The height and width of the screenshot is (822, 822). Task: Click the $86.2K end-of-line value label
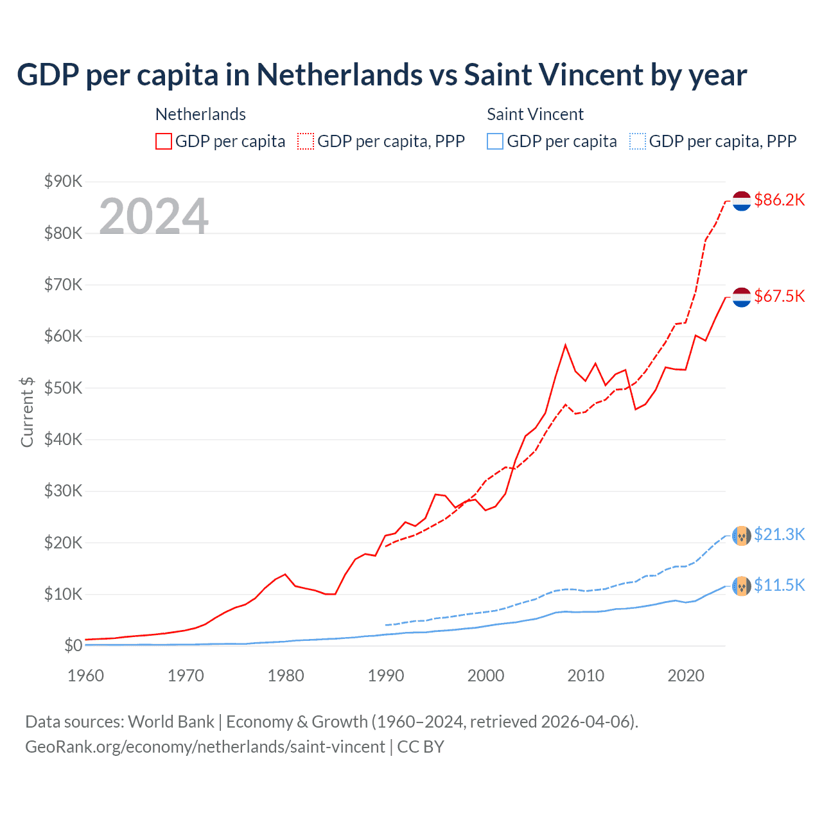(779, 200)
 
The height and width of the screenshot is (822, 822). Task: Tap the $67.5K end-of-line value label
(779, 296)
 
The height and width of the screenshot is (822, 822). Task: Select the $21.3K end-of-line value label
(779, 534)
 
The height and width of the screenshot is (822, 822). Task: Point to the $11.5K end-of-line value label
(779, 585)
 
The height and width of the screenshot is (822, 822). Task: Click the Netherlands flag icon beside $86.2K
(742, 200)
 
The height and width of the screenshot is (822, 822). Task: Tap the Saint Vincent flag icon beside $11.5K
(742, 586)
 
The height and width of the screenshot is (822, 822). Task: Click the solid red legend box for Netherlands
(164, 141)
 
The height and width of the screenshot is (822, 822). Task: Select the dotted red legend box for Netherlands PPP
(306, 141)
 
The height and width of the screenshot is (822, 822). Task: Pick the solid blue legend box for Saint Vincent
(495, 141)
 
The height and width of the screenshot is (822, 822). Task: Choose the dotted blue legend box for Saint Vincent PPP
(638, 141)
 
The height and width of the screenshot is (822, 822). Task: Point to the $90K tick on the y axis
(64, 182)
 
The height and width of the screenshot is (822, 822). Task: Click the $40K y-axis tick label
(64, 440)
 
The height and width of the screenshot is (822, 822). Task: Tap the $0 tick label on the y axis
(73, 646)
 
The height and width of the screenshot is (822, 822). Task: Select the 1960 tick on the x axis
(85, 676)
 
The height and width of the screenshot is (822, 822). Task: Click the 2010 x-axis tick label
(586, 676)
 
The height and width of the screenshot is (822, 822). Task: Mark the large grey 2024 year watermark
(154, 216)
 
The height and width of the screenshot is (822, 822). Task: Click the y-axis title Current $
(27, 412)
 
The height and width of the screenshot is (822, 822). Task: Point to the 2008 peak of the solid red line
(565, 345)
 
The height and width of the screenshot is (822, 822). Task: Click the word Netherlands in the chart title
(340, 75)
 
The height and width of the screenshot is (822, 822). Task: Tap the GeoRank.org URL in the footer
(205, 747)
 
